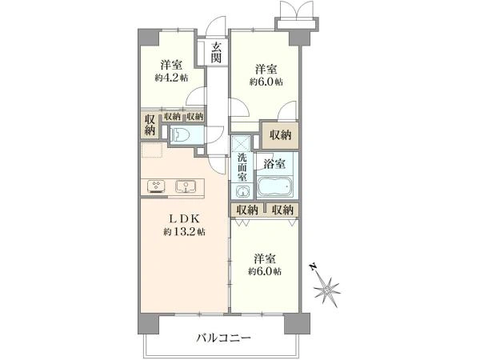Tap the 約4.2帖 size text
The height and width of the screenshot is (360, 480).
171,78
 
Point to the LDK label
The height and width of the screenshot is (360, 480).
184,218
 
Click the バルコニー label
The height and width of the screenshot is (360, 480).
223,338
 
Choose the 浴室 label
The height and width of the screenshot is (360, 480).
274,163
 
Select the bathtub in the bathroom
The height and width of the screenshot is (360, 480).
275,190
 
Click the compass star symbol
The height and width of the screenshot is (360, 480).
329,287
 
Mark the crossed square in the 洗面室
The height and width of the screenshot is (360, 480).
241,144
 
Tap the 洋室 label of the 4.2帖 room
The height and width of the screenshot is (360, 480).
170,64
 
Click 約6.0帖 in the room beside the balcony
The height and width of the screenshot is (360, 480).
265,273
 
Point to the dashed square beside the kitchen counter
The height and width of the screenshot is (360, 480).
152,153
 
